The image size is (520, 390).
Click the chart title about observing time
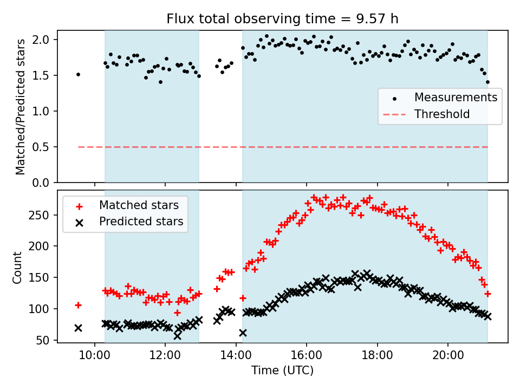pyautogui.click(x=282, y=19)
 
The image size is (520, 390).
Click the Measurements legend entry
pyautogui.click(x=456, y=97)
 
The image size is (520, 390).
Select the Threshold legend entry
pyautogui.click(x=442, y=114)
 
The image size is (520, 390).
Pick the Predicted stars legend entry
pyautogui.click(x=141, y=222)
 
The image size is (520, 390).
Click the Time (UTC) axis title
pyautogui.click(x=282, y=371)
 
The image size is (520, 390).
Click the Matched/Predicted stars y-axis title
pyautogui.click(x=21, y=107)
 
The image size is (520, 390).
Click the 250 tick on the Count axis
pyautogui.click(x=42, y=215)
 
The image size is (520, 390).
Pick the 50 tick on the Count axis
pyautogui.click(x=44, y=340)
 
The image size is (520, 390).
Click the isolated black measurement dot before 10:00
pyautogui.click(x=78, y=74)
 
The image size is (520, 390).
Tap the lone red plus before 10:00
pyautogui.click(x=78, y=305)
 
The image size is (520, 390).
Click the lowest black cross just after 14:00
pyautogui.click(x=243, y=333)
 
